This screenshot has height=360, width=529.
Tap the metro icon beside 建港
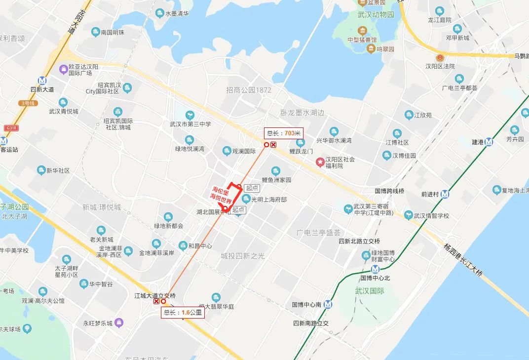[x=489, y=142]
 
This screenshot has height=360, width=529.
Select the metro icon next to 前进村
[x=445, y=194]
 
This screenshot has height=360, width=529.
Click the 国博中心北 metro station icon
[x=375, y=269]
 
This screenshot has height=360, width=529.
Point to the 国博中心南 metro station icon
[x=329, y=305]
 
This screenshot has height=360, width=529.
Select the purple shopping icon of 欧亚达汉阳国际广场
[x=63, y=70]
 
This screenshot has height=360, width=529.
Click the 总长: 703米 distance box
[x=283, y=133]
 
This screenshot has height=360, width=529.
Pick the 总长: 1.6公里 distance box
[x=183, y=312]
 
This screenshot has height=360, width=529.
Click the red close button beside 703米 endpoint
[x=273, y=145]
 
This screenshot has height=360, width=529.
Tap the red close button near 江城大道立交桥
[x=156, y=301]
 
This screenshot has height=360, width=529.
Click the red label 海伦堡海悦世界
[x=221, y=196]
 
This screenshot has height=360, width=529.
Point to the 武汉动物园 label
[x=376, y=15]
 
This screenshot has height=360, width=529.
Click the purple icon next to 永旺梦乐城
[x=119, y=323]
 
